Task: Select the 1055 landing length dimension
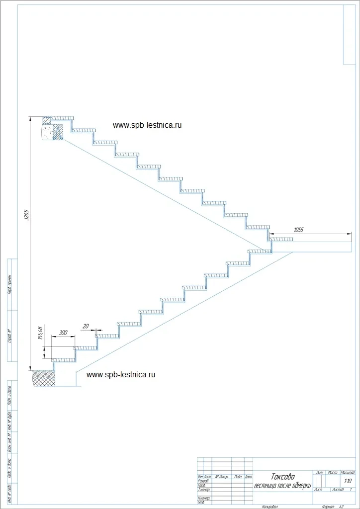298,230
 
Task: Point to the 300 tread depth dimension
63,332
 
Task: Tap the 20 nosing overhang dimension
86,326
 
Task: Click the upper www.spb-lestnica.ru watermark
147,125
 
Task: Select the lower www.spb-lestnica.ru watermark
121,374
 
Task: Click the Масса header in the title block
333,472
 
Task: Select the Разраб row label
203,481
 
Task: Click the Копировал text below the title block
269,506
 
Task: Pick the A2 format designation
342,506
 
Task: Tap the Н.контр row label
203,498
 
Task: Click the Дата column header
248,477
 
